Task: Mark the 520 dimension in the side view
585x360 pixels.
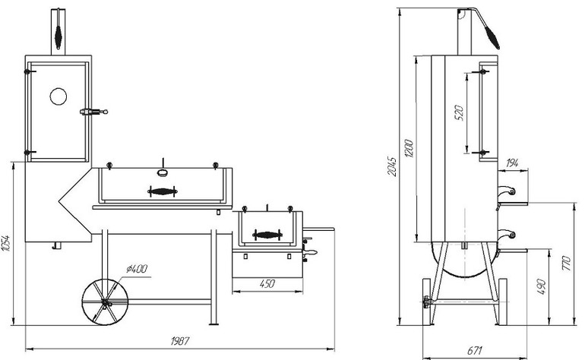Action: [458, 114]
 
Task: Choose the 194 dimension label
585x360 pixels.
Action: [510, 163]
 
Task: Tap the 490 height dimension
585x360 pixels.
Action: [541, 286]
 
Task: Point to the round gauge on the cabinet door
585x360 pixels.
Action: [58, 96]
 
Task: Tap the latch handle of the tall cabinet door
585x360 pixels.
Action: [91, 112]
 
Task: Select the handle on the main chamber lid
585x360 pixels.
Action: [163, 190]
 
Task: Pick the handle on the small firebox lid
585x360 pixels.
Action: [267, 235]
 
